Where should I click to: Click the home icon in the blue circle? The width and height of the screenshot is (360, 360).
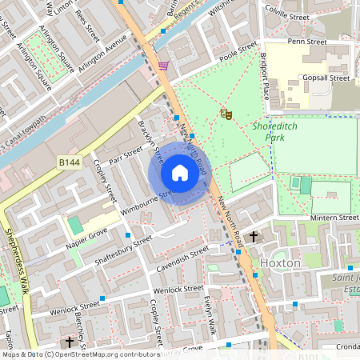(179, 173)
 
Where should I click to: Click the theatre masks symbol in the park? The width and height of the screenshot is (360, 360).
(226, 115)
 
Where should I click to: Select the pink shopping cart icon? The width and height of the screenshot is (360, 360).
(164, 66)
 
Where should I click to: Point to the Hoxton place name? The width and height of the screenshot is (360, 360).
(280, 262)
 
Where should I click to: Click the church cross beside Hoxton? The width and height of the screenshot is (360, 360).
(254, 237)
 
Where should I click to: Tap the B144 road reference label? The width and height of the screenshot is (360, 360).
(70, 162)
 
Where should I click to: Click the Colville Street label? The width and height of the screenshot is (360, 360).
(286, 16)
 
